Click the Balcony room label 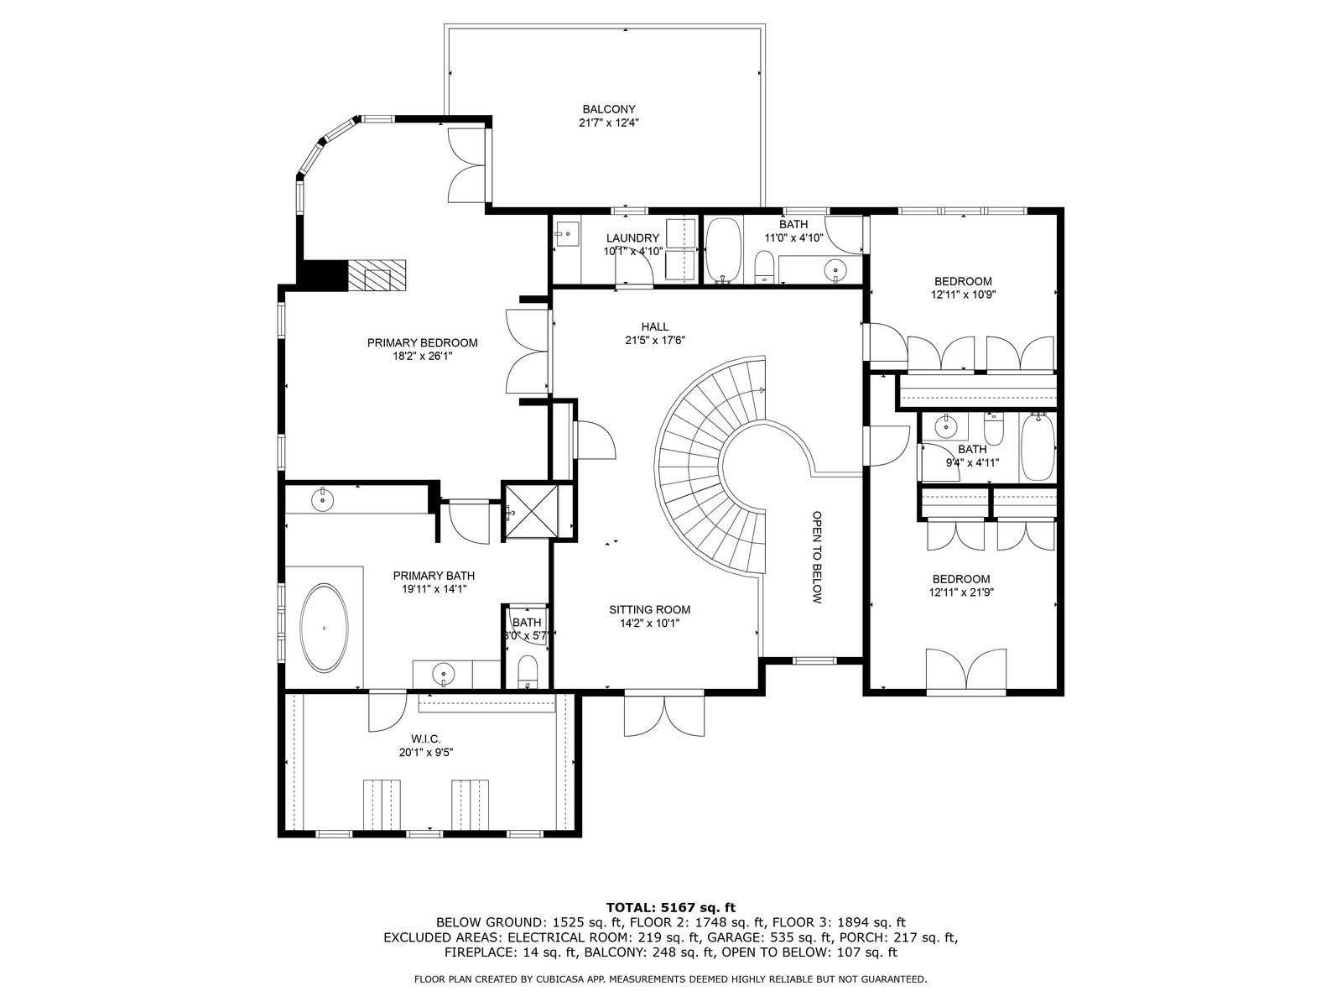[608, 109]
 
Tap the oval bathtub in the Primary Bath [324, 628]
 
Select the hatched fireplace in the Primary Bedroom [377, 276]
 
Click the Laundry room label [632, 238]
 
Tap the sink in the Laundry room [566, 233]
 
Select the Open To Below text [817, 557]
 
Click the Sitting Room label [649, 609]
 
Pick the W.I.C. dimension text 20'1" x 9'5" [426, 753]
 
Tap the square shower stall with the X [530, 511]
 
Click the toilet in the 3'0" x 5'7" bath [527, 672]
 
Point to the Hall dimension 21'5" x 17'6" [655, 341]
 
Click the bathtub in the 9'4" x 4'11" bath [1038, 447]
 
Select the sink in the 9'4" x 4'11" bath [946, 427]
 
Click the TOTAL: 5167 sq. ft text [671, 907]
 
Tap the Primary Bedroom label [422, 343]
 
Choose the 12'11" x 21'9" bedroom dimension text [961, 592]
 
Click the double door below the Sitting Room [664, 714]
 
